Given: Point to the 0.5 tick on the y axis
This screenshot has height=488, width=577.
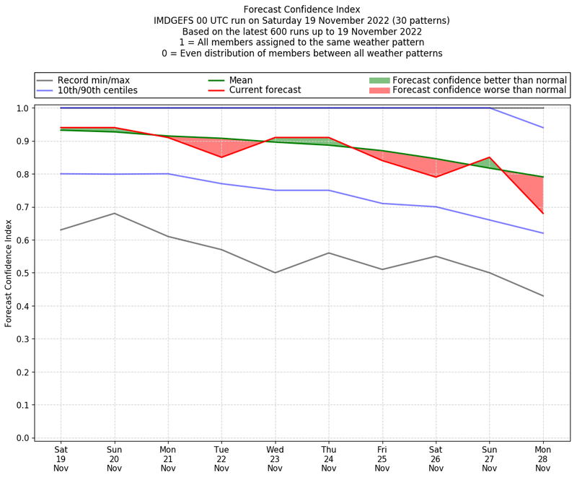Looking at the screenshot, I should pos(23,273).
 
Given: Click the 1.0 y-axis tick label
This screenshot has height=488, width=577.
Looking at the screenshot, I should pos(23,108).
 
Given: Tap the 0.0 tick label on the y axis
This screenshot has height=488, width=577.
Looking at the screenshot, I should pos(23,438).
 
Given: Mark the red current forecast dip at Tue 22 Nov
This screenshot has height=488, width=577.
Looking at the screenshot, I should pos(221,157).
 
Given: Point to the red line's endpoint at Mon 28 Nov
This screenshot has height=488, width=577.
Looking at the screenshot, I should pos(543,214).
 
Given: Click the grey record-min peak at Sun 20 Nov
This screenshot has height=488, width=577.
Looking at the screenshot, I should pos(114,213).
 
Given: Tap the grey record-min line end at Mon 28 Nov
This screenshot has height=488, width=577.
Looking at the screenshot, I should pos(543,296).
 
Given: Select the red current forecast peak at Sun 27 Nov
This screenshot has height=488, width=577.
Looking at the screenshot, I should pos(490,157).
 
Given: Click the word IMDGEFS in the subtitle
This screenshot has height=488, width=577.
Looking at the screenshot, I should pos(177,21).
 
